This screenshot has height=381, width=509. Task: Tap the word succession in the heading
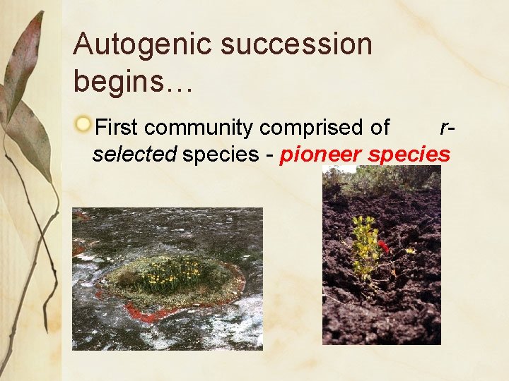[296, 44]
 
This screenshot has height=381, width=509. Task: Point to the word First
[118, 128]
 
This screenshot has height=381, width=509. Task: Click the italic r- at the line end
[446, 128]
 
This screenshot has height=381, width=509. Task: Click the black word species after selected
[221, 155]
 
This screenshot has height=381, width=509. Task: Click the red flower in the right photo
[384, 246]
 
